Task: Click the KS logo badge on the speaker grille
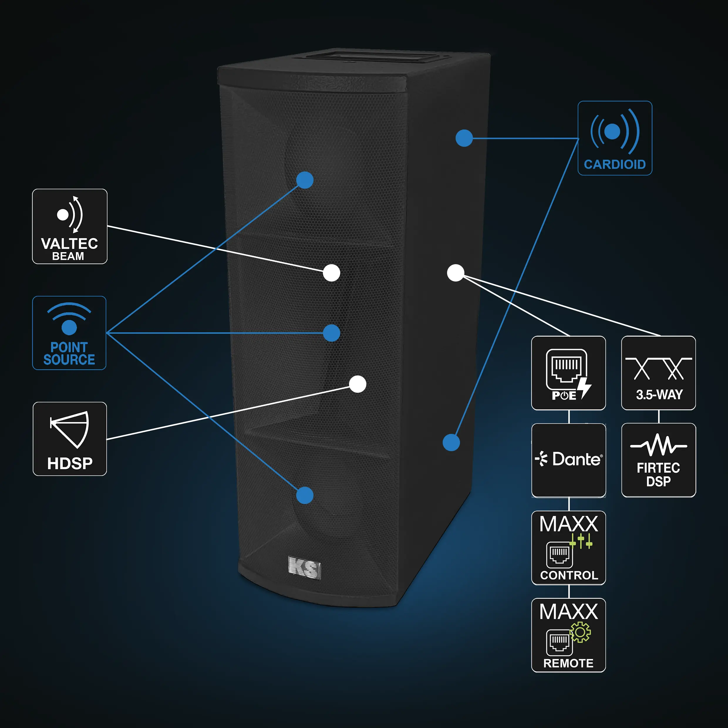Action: coord(304,567)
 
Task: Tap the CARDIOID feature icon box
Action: coord(615,138)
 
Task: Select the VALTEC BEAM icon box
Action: coord(70,226)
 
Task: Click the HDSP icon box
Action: coord(70,439)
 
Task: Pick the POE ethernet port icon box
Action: coord(568,373)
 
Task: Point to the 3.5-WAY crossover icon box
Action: coord(658,373)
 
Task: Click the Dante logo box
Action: coord(568,460)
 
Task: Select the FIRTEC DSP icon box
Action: coord(658,460)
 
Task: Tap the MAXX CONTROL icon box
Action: coord(568,548)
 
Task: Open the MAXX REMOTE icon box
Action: coord(568,635)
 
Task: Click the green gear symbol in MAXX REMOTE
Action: coord(580,632)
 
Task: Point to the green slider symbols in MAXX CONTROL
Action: coord(581,542)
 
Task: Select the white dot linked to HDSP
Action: coord(358,384)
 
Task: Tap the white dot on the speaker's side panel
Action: coord(456,273)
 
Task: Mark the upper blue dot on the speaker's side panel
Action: coord(464,138)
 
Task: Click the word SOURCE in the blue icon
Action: coord(69,360)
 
